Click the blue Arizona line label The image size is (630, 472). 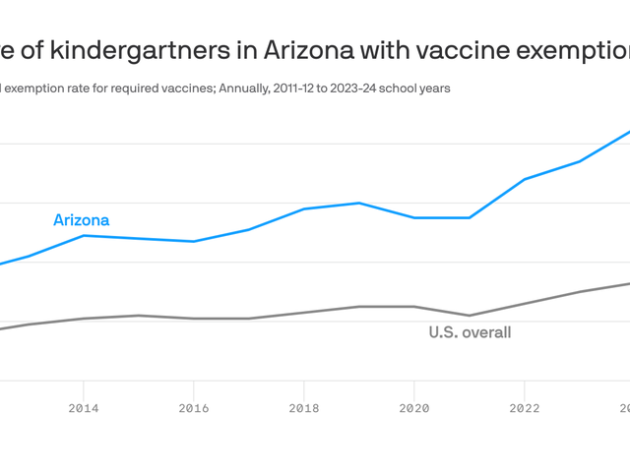(81, 220)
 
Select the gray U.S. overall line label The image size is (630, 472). (470, 332)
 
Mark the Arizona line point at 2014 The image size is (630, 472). (84, 236)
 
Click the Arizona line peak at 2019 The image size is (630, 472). (359, 204)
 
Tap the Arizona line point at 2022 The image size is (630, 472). (525, 180)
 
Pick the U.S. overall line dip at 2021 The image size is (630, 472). (470, 316)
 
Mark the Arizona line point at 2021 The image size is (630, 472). (470, 217)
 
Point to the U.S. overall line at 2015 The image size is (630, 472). (139, 316)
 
